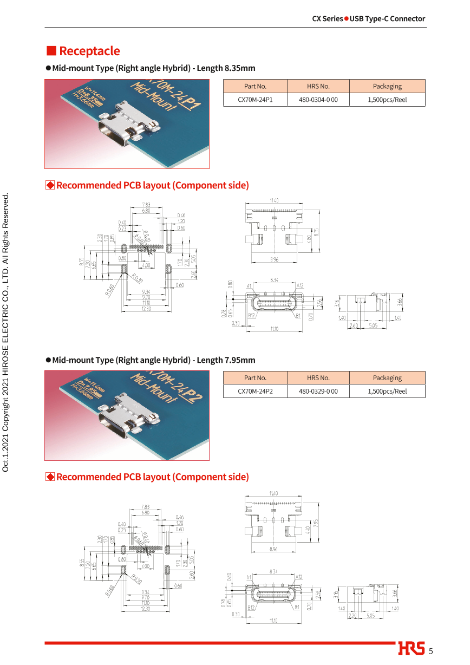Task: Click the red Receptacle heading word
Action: [89, 51]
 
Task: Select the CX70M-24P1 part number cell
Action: [255, 100]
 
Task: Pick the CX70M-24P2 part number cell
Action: [255, 392]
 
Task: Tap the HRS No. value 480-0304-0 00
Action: [318, 100]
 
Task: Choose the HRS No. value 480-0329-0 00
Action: [318, 392]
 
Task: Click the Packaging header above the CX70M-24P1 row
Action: [387, 86]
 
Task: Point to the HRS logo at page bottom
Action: [412, 649]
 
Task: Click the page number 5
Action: [431, 651]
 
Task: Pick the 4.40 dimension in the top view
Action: [309, 529]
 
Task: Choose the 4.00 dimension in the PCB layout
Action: [146, 566]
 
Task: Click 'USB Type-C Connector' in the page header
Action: [387, 18]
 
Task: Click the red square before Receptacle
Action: [51, 51]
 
